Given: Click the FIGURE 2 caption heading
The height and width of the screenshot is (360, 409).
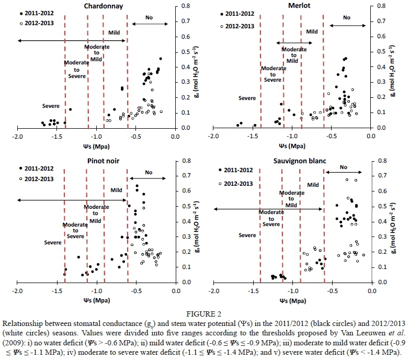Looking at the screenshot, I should pos(204,314).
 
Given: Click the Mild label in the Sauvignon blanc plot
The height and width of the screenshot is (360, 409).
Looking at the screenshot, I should pos(313,184).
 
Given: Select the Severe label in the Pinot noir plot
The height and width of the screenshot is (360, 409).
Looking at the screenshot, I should pos(52,243).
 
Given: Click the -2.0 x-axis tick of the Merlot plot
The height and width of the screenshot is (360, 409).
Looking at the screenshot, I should pos(212,137).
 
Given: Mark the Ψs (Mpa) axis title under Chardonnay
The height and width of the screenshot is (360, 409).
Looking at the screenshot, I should pos(93,146).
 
